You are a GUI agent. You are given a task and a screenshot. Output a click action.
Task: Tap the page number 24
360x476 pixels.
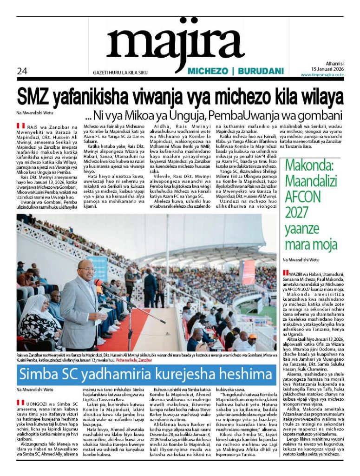pyautogui.click(x=22, y=71)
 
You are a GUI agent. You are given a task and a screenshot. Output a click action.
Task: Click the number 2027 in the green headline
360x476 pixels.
pyautogui.click(x=297, y=213)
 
